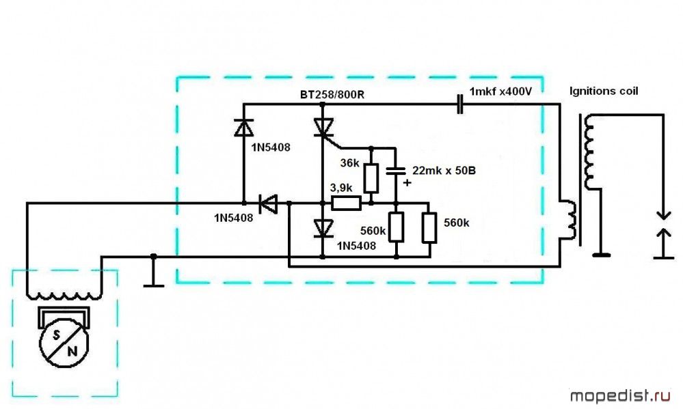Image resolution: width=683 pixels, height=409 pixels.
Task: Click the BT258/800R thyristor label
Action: click(332, 94)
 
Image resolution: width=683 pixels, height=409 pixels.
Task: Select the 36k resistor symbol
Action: click(371, 177)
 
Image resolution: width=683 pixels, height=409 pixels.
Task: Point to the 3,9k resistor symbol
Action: click(346, 203)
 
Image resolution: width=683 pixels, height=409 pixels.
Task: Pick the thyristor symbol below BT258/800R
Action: click(323, 127)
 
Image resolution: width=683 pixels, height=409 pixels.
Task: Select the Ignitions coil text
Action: click(604, 91)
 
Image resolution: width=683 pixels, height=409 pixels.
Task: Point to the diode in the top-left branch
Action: click(243, 128)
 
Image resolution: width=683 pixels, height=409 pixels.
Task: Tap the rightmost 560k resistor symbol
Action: click(429, 228)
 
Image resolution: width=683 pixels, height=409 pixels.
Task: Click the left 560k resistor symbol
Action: click(397, 228)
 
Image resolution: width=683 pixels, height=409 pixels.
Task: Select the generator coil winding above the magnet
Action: click(64, 295)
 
